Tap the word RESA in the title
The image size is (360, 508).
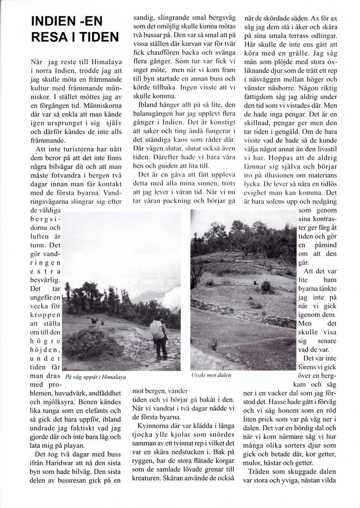[47, 37]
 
